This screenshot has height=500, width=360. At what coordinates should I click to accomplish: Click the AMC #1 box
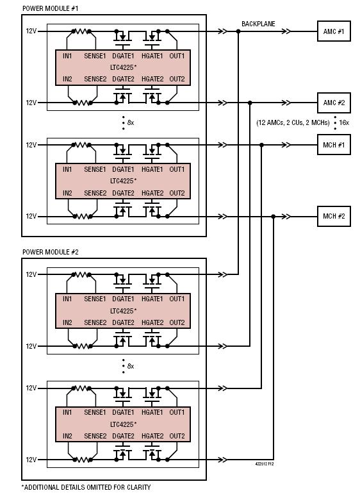click(334, 31)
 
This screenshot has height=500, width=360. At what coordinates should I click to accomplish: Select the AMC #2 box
click(334, 103)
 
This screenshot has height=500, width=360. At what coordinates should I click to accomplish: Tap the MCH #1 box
click(334, 145)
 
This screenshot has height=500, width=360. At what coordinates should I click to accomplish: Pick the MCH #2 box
click(334, 216)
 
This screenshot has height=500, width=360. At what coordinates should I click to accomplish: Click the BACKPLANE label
click(258, 24)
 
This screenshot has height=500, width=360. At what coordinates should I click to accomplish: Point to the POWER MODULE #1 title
click(51, 8)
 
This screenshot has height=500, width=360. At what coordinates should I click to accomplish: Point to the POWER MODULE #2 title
click(51, 252)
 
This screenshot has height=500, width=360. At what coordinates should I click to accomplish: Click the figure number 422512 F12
click(264, 463)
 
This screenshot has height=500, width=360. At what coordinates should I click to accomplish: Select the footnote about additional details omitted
click(86, 487)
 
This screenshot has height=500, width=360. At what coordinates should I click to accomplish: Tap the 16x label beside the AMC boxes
click(344, 123)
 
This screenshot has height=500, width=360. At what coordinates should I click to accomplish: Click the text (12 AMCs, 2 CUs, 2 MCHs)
click(293, 123)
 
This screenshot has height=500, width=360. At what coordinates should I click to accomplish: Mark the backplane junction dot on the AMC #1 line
click(238, 31)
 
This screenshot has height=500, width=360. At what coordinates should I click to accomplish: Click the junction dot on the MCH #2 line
click(274, 217)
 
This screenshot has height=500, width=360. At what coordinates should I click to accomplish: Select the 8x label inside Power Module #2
click(130, 366)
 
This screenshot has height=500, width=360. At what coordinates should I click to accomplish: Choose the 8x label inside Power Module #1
click(130, 122)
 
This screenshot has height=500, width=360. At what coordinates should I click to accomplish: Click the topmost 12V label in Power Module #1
click(31, 31)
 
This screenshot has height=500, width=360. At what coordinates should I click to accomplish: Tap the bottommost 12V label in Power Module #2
click(31, 460)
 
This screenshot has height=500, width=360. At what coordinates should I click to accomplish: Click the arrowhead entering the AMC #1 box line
click(286, 31)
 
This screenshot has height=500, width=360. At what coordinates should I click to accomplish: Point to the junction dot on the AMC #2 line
click(250, 103)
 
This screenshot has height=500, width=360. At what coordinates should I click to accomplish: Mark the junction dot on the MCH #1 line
click(261, 145)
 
